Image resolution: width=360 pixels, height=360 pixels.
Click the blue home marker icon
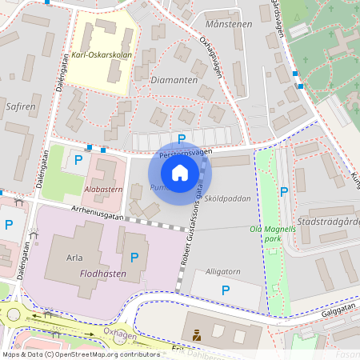[x=180, y=172]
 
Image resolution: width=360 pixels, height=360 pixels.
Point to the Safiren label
[x=19, y=105]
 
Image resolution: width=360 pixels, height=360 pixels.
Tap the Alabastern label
[x=102, y=190]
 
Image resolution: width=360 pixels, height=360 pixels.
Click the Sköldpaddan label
[x=227, y=198]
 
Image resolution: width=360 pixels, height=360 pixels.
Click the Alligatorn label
[x=222, y=272]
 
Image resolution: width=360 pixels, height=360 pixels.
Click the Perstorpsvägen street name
[x=186, y=151]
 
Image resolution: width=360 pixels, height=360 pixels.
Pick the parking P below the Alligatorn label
[x=226, y=290]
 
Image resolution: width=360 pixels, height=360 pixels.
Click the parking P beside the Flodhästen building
[x=134, y=258]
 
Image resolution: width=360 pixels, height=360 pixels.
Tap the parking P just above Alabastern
[x=78, y=161]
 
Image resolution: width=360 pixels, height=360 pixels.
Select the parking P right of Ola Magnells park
[x=284, y=192]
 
